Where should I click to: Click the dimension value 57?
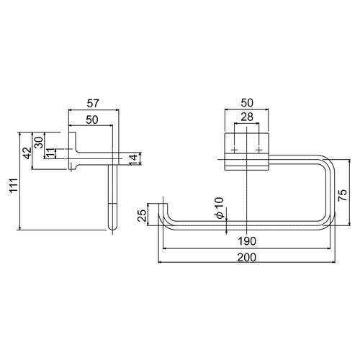[x=93, y=104]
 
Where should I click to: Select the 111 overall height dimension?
[x=14, y=185]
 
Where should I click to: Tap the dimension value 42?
[x=27, y=153]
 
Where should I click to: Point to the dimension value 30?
[x=38, y=142]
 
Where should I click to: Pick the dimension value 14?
[x=133, y=160]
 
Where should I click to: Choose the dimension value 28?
[x=247, y=117]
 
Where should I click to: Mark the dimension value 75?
[x=342, y=195]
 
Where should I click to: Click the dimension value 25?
[x=142, y=215]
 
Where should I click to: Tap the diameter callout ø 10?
[x=220, y=208]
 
